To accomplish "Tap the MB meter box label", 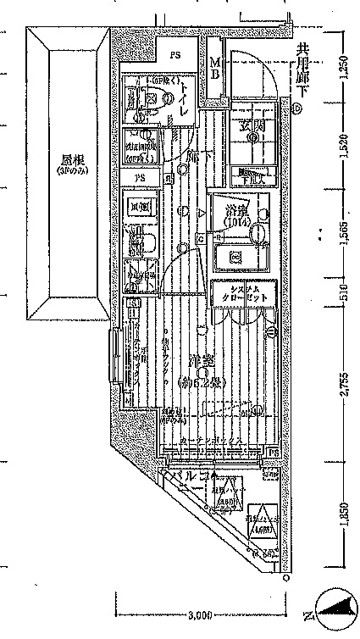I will (x=215, y=68).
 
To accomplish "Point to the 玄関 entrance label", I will (x=251, y=129).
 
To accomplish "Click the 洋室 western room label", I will (x=201, y=359).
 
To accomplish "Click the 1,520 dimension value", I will (x=343, y=147).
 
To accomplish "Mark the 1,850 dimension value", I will (x=343, y=519).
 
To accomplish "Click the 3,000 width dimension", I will (x=200, y=614).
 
